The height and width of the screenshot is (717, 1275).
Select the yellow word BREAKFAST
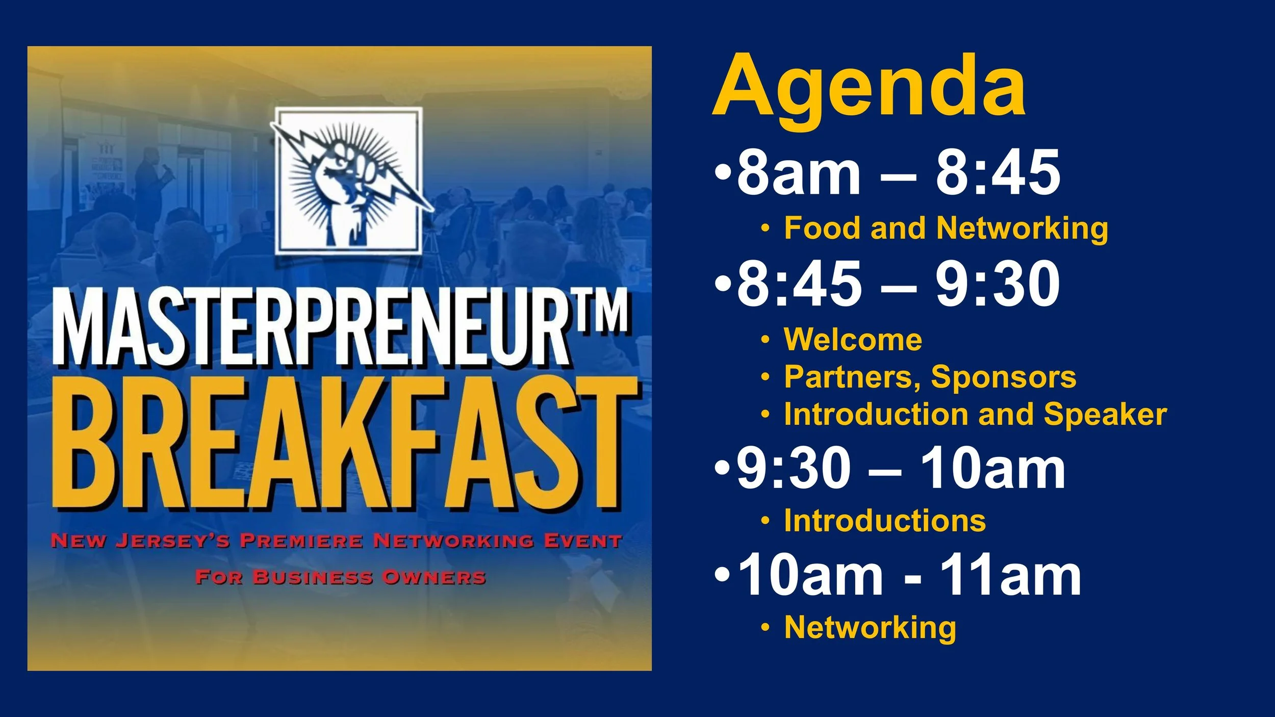coord(344,444)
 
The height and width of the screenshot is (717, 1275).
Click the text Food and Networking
coord(946,228)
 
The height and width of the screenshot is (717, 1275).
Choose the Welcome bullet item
coord(853,339)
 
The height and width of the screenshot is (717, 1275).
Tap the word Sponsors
coord(1003,377)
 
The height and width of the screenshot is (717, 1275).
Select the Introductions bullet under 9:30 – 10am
coord(885,521)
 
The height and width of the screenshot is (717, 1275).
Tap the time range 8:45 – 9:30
coord(898,284)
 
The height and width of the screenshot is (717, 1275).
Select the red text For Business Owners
coord(340,578)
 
